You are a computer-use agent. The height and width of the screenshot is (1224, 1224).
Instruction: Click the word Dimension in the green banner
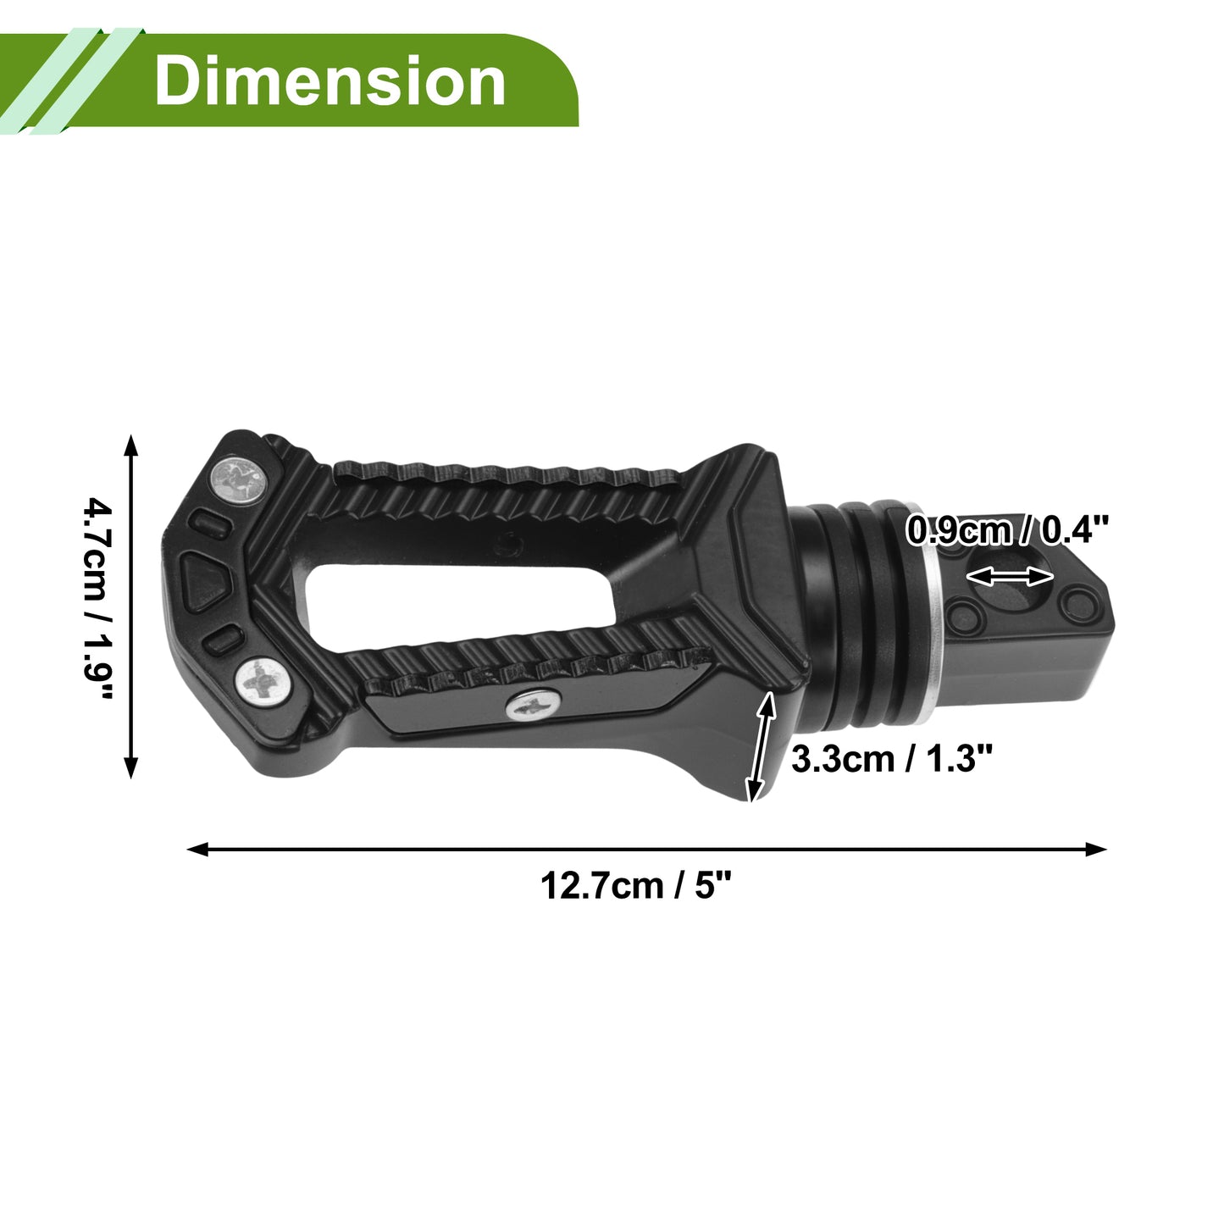(330, 80)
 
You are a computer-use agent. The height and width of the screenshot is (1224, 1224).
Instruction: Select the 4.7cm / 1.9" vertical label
(97, 598)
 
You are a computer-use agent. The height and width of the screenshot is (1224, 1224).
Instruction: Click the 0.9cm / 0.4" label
(1007, 530)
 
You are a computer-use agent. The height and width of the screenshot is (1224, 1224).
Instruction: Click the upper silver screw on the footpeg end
(238, 481)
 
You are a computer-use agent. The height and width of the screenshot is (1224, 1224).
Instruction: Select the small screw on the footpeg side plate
(533, 705)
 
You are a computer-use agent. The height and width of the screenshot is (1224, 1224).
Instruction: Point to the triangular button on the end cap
(204, 581)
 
